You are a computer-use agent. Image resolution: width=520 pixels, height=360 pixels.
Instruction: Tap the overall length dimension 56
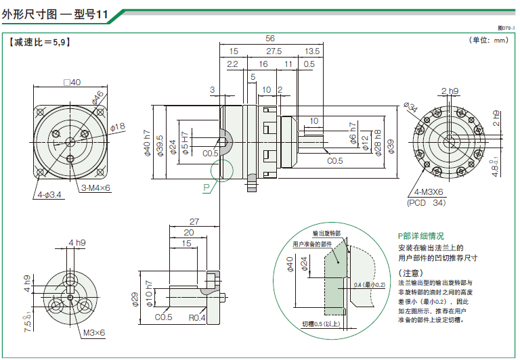tap(270, 39)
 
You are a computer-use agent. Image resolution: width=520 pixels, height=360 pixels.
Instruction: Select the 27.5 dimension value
tap(274, 51)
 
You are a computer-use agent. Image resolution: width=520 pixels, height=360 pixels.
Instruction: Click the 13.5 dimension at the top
tap(312, 51)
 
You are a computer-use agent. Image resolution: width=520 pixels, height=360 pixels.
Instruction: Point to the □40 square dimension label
tap(71, 82)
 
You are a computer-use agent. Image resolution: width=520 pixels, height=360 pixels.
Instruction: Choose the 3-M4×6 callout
tap(96, 187)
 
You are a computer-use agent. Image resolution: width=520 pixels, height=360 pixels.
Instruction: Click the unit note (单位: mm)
tap(488, 40)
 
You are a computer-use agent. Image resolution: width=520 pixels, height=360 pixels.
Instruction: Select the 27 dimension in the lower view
tap(194, 221)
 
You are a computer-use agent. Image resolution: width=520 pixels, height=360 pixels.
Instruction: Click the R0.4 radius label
tap(198, 317)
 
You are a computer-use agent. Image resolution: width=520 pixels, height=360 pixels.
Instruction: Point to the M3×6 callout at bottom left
tap(95, 332)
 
